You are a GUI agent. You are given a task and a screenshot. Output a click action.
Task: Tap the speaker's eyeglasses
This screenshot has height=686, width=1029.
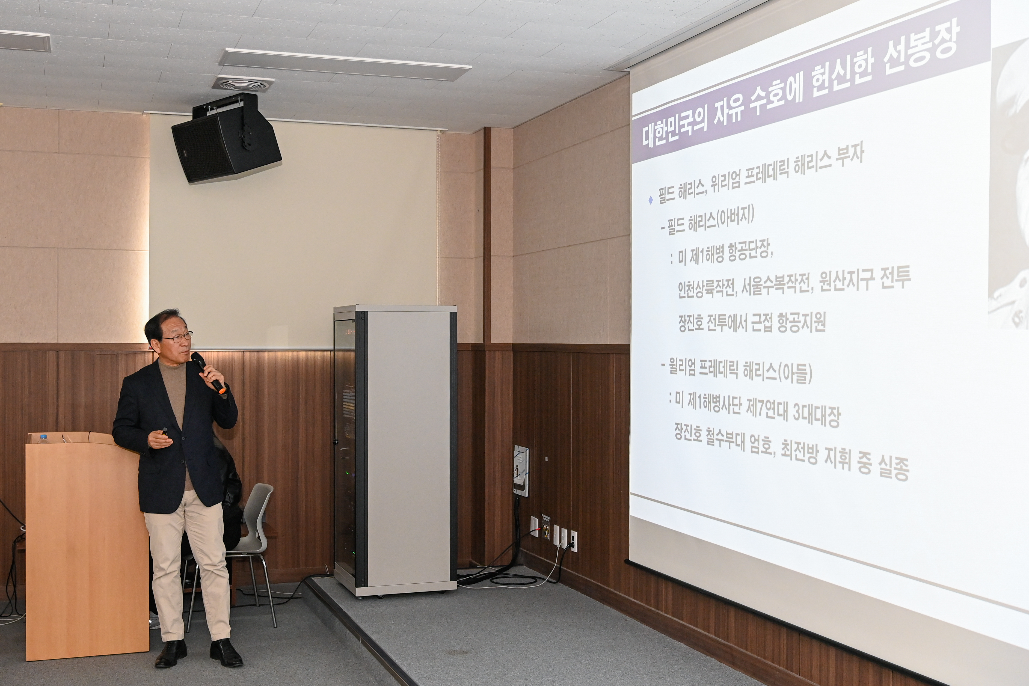click(178, 337)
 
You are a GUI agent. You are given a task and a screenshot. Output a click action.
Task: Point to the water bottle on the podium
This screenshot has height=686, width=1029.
click(42, 438)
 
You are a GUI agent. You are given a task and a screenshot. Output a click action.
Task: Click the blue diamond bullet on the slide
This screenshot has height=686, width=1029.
click(651, 200)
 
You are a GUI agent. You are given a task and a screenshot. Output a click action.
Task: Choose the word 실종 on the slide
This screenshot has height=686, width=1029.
click(894, 468)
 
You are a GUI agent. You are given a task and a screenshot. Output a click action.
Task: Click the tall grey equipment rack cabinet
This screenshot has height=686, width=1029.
click(395, 451)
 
